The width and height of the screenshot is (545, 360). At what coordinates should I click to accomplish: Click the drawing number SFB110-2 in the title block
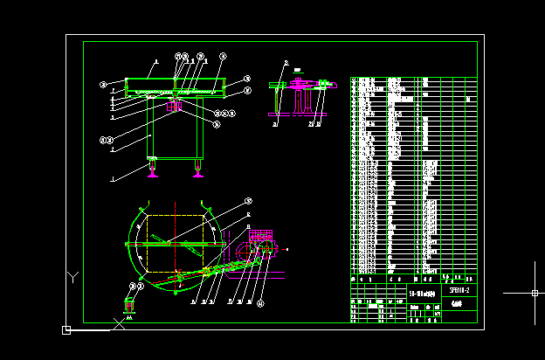[459, 290]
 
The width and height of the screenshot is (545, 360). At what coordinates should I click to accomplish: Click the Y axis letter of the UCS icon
[73, 277]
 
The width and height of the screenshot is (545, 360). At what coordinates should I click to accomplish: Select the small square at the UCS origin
[66, 329]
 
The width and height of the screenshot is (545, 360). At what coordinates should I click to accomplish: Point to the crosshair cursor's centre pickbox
[535, 293]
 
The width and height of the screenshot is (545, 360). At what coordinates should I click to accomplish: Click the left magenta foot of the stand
[154, 171]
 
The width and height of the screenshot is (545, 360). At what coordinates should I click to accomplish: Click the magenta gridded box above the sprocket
[261, 235]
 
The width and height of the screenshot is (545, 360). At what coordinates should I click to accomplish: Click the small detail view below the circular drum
[130, 305]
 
